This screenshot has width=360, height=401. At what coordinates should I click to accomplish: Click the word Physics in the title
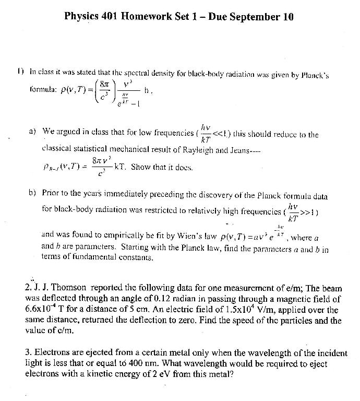point(82,16)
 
